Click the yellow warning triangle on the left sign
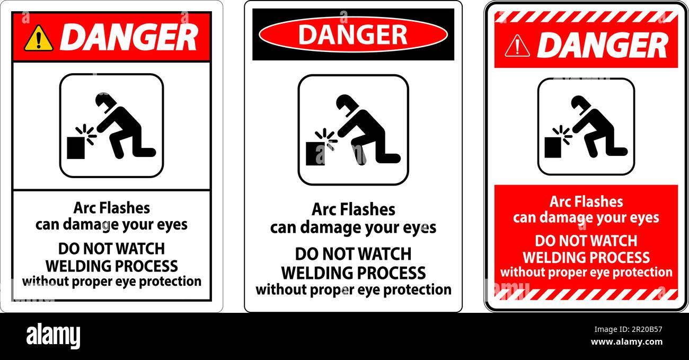coord(38,39)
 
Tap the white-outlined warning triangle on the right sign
coord(517,47)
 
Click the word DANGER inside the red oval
coord(352,34)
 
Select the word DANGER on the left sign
coord(129,37)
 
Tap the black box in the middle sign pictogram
coord(315,154)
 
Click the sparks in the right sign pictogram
coord(562,133)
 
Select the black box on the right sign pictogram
coord(553,147)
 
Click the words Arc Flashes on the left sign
coord(111,208)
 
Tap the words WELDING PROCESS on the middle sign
coord(353,273)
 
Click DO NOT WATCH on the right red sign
coord(586,241)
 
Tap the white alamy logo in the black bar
coord(53,336)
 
